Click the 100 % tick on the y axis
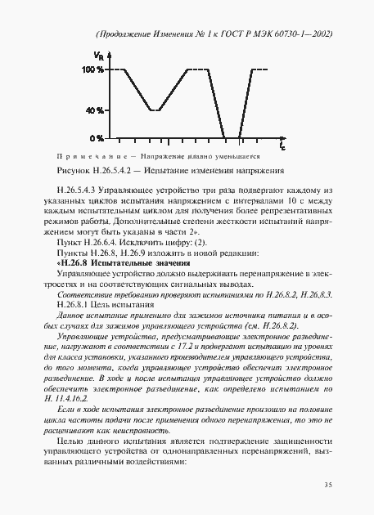click(x=92, y=70)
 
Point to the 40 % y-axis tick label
click(x=94, y=110)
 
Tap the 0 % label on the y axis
click(x=97, y=137)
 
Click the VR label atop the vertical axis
click(x=99, y=55)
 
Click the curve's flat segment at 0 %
click(x=232, y=137)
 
